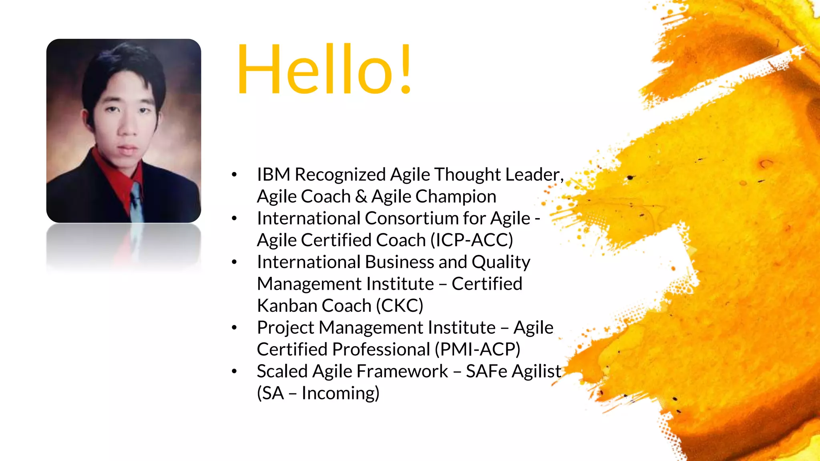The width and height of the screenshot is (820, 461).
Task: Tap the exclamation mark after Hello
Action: (x=406, y=70)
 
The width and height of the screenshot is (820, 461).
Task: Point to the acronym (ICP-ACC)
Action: (x=472, y=241)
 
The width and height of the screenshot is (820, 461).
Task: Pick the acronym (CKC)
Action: (x=399, y=306)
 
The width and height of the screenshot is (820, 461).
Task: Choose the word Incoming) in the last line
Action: (x=340, y=393)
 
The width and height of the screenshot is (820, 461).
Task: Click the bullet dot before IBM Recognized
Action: (x=234, y=175)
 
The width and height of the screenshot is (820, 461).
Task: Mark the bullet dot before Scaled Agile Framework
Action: (x=234, y=372)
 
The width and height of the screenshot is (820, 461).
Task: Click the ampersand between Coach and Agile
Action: (x=361, y=197)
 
